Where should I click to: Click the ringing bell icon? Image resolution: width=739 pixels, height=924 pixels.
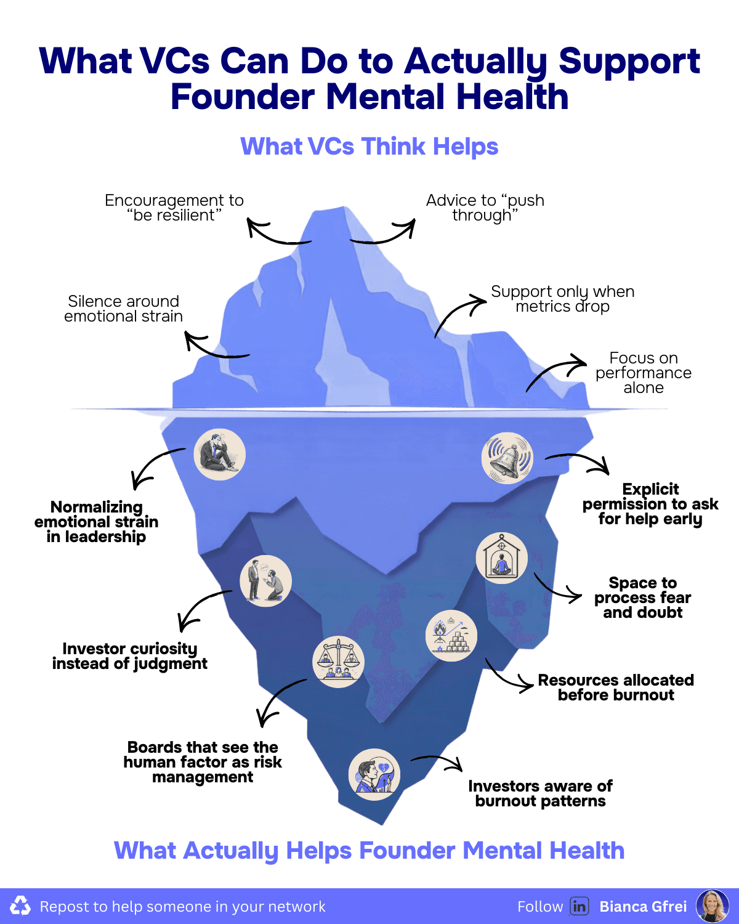point(507,458)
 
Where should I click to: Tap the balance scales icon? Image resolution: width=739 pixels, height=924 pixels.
point(338,662)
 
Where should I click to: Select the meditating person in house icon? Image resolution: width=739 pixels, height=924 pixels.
point(502,559)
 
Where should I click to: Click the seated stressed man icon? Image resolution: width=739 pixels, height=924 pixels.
point(220,455)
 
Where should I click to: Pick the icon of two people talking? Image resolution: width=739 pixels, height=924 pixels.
point(265,581)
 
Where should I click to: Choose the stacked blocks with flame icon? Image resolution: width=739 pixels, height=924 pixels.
point(451,636)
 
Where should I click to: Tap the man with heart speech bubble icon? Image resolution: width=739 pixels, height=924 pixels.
point(374,775)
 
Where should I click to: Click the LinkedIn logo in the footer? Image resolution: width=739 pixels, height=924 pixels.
point(579,906)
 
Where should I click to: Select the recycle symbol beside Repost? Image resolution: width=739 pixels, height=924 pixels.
point(20,906)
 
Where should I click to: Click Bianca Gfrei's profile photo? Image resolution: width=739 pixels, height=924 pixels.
point(713,906)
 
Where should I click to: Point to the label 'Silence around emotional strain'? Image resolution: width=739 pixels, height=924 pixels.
point(124,309)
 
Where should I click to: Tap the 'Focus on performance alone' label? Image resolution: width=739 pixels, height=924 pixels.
point(644,373)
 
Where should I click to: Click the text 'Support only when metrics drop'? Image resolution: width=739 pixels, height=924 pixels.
point(562,299)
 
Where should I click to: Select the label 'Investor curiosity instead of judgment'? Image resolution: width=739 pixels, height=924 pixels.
point(130,656)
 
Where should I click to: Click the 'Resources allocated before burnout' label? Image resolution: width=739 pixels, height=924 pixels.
point(616,687)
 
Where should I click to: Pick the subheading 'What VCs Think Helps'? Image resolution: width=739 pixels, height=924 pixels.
point(369,147)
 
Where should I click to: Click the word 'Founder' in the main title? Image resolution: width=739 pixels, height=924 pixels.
point(243,97)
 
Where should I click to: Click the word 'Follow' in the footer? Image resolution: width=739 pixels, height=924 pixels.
point(540,907)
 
